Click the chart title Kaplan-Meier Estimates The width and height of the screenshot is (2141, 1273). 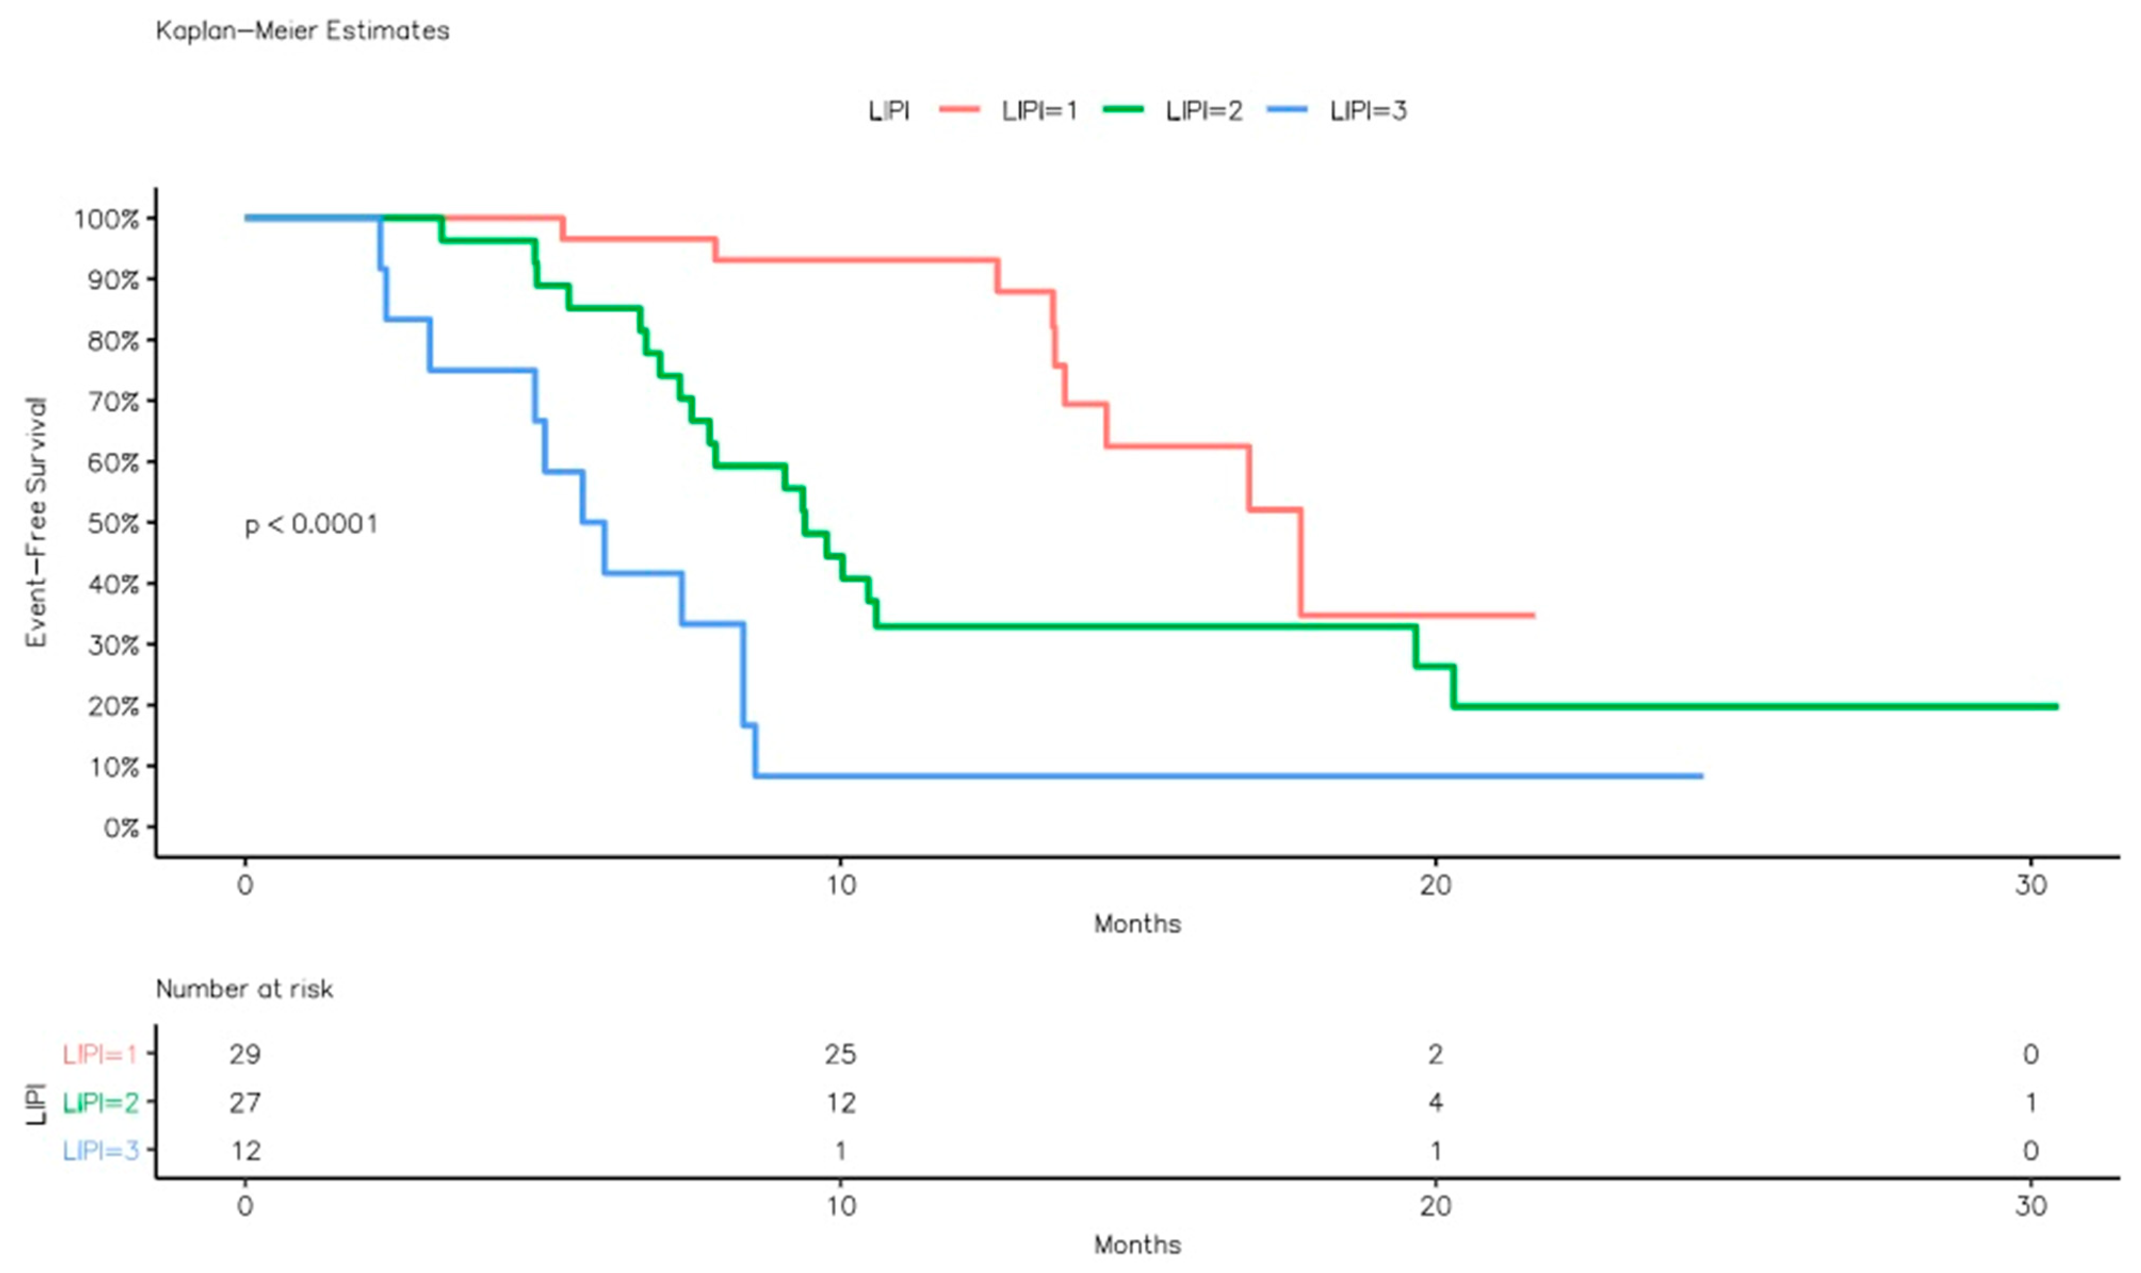pos(302,31)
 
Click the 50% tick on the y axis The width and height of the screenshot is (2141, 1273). pos(113,523)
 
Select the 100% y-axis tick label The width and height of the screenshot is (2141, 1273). pos(107,219)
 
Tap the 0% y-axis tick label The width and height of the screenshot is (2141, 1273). pos(121,828)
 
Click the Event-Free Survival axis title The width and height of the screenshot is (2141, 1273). pos(36,521)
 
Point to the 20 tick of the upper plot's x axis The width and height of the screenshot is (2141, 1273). pos(1435,884)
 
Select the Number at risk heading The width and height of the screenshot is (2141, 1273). pos(245,989)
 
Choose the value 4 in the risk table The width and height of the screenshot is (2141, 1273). pos(1435,1103)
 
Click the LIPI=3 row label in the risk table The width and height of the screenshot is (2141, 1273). pos(100,1150)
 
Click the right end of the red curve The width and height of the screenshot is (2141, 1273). pos(1533,615)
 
